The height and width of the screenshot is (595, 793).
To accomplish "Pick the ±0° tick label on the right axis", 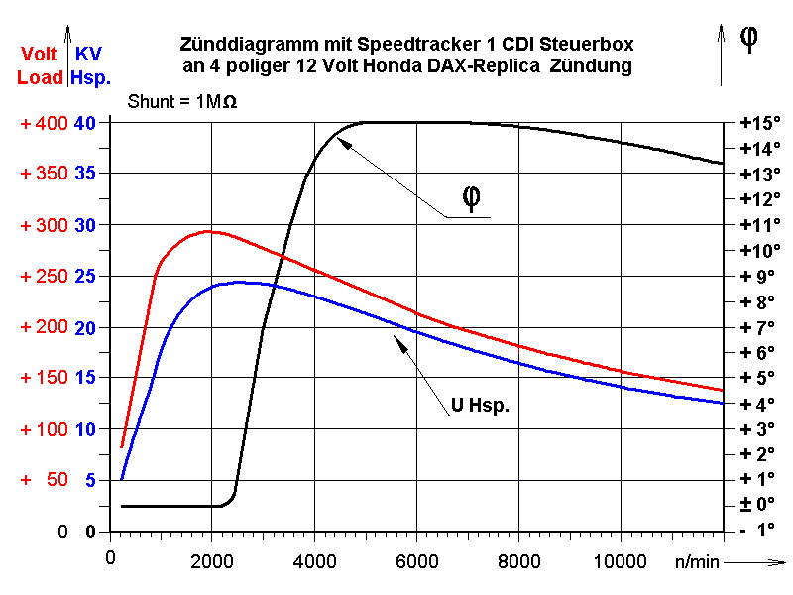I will click(759, 504).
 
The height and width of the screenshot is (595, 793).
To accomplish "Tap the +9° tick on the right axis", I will click(759, 276).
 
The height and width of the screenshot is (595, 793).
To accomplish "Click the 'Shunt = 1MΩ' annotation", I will click(182, 101).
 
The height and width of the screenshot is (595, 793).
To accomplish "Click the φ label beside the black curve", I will click(473, 199).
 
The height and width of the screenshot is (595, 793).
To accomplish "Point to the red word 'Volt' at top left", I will click(39, 55).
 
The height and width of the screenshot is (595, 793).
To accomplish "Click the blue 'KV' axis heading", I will click(88, 55).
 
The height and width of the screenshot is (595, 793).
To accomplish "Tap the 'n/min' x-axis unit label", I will click(698, 561).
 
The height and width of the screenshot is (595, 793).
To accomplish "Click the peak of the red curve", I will click(208, 231).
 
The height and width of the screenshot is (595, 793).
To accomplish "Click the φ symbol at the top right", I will click(749, 37).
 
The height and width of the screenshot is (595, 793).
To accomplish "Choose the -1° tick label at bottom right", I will click(759, 530).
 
